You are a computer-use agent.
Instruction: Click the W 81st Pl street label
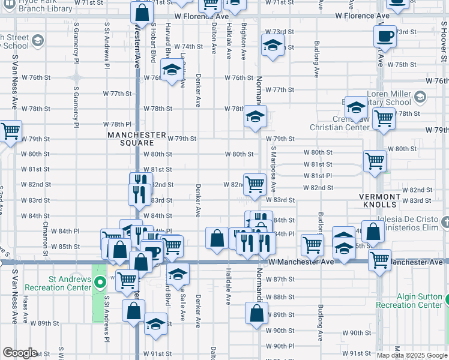tap(318, 175)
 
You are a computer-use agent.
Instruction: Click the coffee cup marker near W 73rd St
tap(385, 36)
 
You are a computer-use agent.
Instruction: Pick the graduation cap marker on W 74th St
tap(273, 46)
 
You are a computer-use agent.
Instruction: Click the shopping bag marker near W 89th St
tap(257, 313)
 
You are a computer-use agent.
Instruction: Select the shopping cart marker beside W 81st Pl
tap(375, 161)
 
